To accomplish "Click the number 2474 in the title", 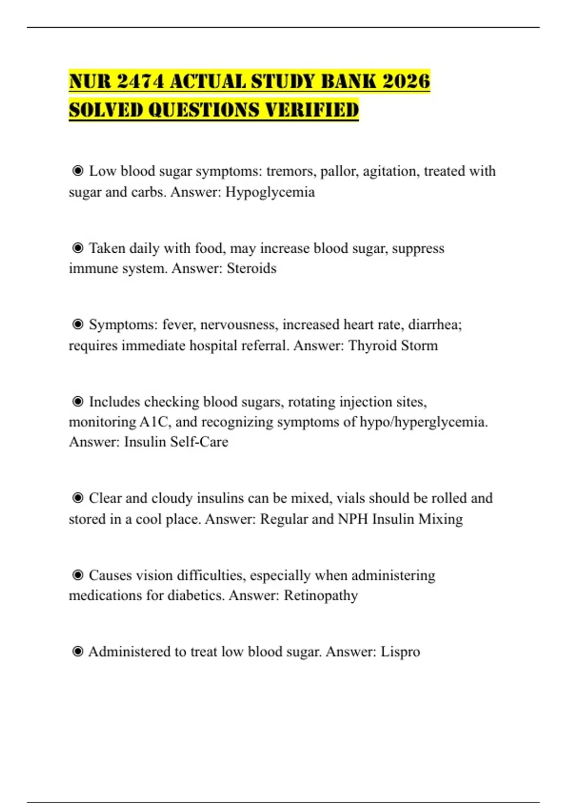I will (140, 81).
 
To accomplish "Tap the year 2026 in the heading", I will (406, 81).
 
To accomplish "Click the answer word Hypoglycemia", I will (270, 192).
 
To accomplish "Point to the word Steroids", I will (251, 268).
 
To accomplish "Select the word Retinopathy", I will (320, 595).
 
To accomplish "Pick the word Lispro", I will (400, 651).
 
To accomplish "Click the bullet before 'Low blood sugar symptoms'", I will (78, 171).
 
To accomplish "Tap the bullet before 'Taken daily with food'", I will (78, 248).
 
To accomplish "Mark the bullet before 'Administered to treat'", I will (78, 651).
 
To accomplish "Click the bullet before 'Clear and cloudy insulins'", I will (78, 498).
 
